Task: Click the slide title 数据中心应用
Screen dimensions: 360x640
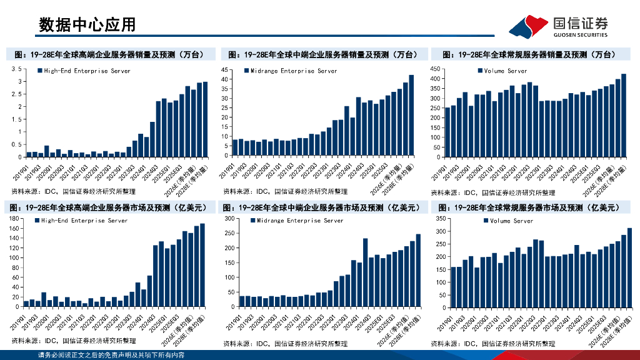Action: pyautogui.click(x=87, y=24)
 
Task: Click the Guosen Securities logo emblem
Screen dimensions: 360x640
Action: pyautogui.click(x=529, y=26)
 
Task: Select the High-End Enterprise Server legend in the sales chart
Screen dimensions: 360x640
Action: pyautogui.click(x=84, y=71)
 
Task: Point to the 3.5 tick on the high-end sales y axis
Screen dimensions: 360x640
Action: pyautogui.click(x=17, y=70)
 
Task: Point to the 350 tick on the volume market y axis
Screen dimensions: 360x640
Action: pyautogui.click(x=439, y=219)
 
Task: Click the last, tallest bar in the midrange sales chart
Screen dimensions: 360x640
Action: pyautogui.click(x=411, y=116)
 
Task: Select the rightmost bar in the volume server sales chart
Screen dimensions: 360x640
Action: pyautogui.click(x=623, y=116)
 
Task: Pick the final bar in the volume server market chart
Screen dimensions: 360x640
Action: pyautogui.click(x=629, y=267)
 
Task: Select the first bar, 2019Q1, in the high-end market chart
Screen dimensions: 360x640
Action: pyautogui.click(x=26, y=304)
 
